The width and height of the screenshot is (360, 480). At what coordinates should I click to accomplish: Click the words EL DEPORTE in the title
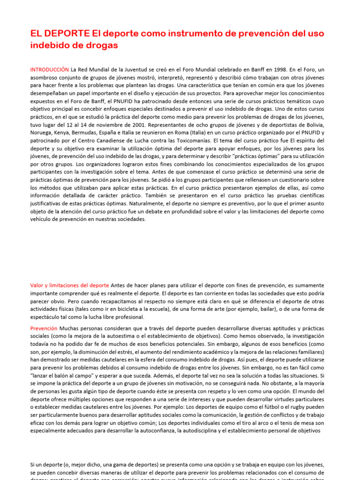60,34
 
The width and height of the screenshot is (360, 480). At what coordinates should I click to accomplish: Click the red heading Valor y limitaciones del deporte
69,285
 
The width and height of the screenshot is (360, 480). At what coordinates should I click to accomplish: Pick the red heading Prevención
44,329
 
